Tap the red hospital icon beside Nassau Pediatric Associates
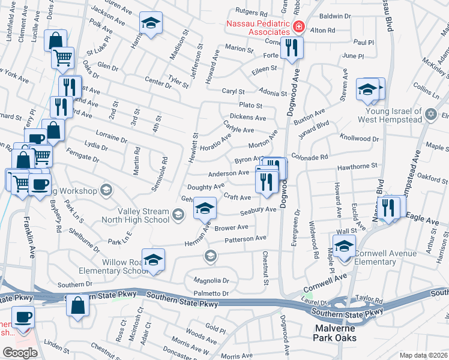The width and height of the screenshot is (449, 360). (x=298, y=28)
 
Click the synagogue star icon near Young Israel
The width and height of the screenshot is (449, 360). (x=430, y=114)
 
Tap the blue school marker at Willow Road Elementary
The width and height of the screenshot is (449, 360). (x=153, y=259)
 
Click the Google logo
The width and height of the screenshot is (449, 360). (x=20, y=352)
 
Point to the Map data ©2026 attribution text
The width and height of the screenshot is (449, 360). (x=423, y=355)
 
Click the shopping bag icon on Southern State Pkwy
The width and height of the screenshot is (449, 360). (x=77, y=305)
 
